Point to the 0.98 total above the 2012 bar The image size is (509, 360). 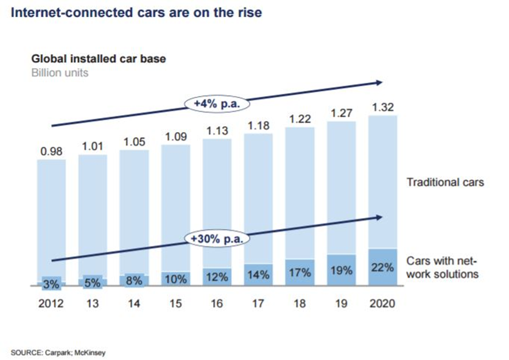pos(51,152)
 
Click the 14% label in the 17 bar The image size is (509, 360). pos(258,275)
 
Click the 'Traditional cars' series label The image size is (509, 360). pos(445,182)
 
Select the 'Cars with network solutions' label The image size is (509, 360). pos(445,267)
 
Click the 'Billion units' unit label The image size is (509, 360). pos(60,72)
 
